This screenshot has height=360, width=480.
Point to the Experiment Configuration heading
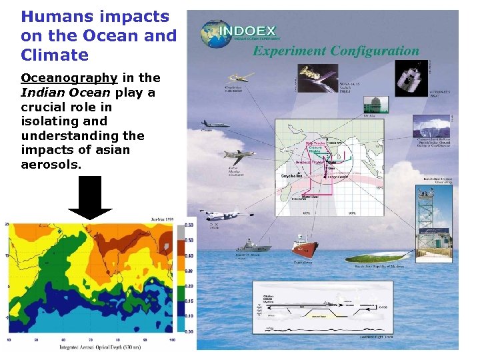(x=335, y=51)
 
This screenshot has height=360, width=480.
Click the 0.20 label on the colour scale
(x=189, y=285)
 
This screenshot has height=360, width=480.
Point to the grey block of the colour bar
(x=180, y=233)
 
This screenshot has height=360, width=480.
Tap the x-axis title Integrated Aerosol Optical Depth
(x=94, y=347)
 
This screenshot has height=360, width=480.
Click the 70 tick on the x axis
(x=90, y=340)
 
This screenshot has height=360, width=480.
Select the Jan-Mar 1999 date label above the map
(x=163, y=219)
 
